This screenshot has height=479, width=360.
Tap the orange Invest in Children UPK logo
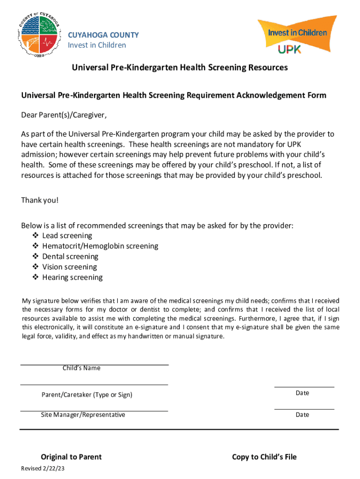(x=297, y=36)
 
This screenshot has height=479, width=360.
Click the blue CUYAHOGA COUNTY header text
(x=103, y=35)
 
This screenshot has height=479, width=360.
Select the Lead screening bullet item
(x=67, y=236)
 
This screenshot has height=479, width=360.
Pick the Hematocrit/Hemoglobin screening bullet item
(x=100, y=246)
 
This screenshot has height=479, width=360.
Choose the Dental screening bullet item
(x=70, y=256)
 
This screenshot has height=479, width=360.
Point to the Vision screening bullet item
(x=69, y=267)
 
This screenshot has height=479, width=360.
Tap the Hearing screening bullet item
(x=72, y=277)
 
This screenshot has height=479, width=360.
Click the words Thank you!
(x=40, y=200)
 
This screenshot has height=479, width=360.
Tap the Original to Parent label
(x=71, y=457)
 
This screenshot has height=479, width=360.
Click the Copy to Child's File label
(x=264, y=457)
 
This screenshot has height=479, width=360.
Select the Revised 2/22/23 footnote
(x=43, y=469)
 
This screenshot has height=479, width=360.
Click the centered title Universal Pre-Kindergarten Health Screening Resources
(x=180, y=68)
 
